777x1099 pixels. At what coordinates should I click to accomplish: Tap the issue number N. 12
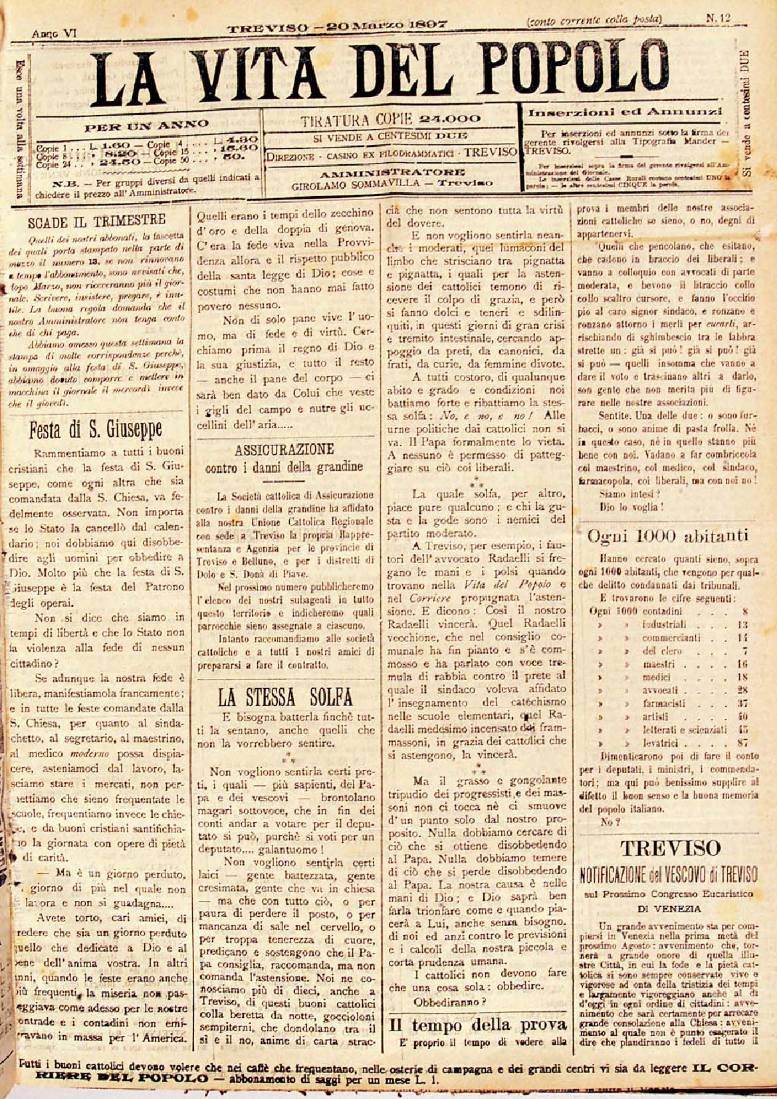pos(718,19)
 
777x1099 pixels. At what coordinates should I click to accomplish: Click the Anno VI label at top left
pos(53,32)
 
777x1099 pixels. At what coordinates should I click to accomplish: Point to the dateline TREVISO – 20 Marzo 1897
pos(338,27)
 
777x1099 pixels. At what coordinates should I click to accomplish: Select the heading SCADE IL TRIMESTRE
pos(97,221)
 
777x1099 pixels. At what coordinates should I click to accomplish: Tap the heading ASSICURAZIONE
pos(284,449)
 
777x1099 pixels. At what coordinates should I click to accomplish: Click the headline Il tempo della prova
pos(477,1024)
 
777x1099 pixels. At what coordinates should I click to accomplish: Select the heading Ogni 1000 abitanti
pos(667,536)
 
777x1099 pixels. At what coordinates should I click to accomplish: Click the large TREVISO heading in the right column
pos(669,848)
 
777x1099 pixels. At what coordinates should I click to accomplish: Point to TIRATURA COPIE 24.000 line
pos(390,120)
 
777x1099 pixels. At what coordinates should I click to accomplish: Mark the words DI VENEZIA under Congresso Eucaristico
pos(669,908)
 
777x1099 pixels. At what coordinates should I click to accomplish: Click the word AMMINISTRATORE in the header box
pos(390,174)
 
